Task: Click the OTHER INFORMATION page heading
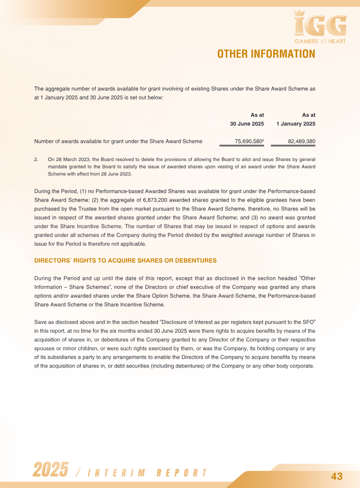point(266,54)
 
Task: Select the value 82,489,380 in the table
point(301,142)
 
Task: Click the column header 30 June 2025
point(247,124)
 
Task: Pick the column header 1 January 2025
point(296,124)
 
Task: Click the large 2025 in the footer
point(51,470)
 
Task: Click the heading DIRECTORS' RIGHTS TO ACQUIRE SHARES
point(126,260)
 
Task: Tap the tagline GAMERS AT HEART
point(320,42)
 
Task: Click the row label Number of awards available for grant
point(118,142)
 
